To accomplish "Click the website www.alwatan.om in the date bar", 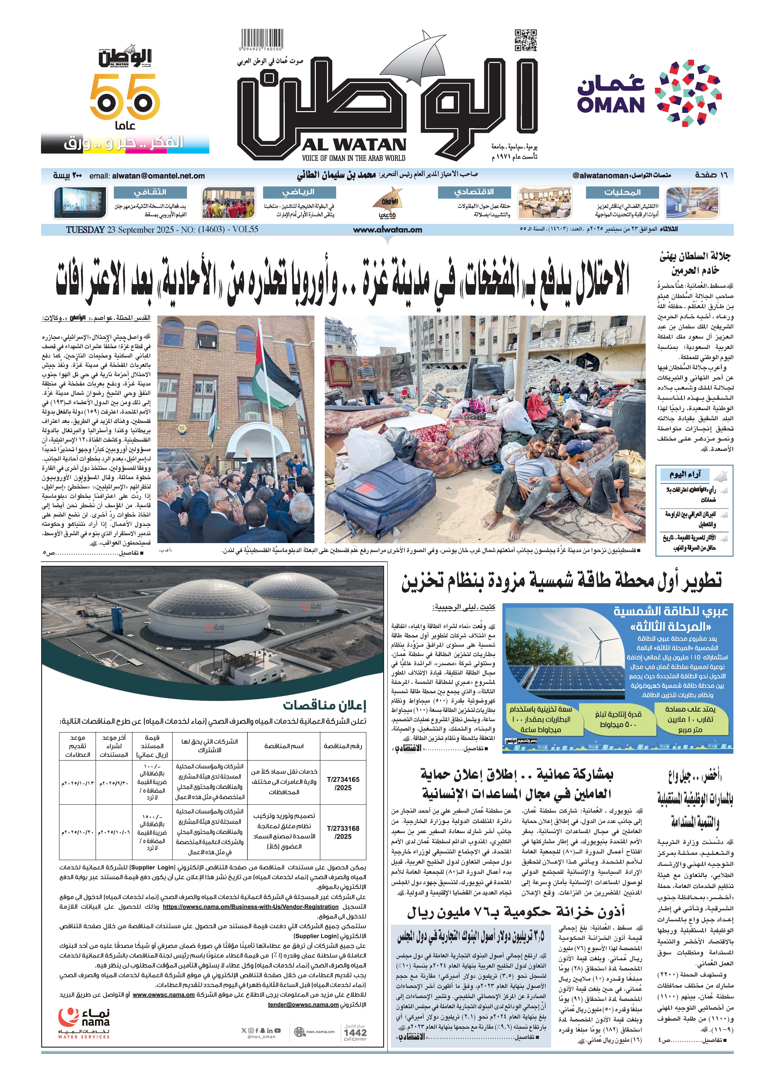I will point(387,230).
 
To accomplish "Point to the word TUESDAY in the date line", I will point(85,230).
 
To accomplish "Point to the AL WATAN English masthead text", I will point(353,145).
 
